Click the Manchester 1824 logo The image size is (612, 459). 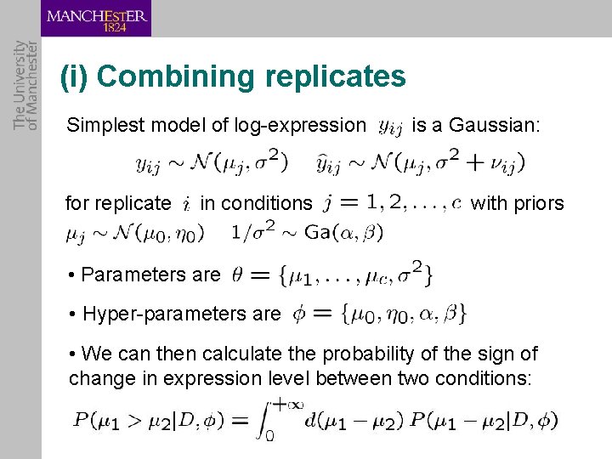(96, 19)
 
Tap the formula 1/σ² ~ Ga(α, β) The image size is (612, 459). (308, 231)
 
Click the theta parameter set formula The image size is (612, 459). (332, 274)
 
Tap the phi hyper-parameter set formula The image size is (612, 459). (379, 314)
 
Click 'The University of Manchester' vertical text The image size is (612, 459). (26, 85)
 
